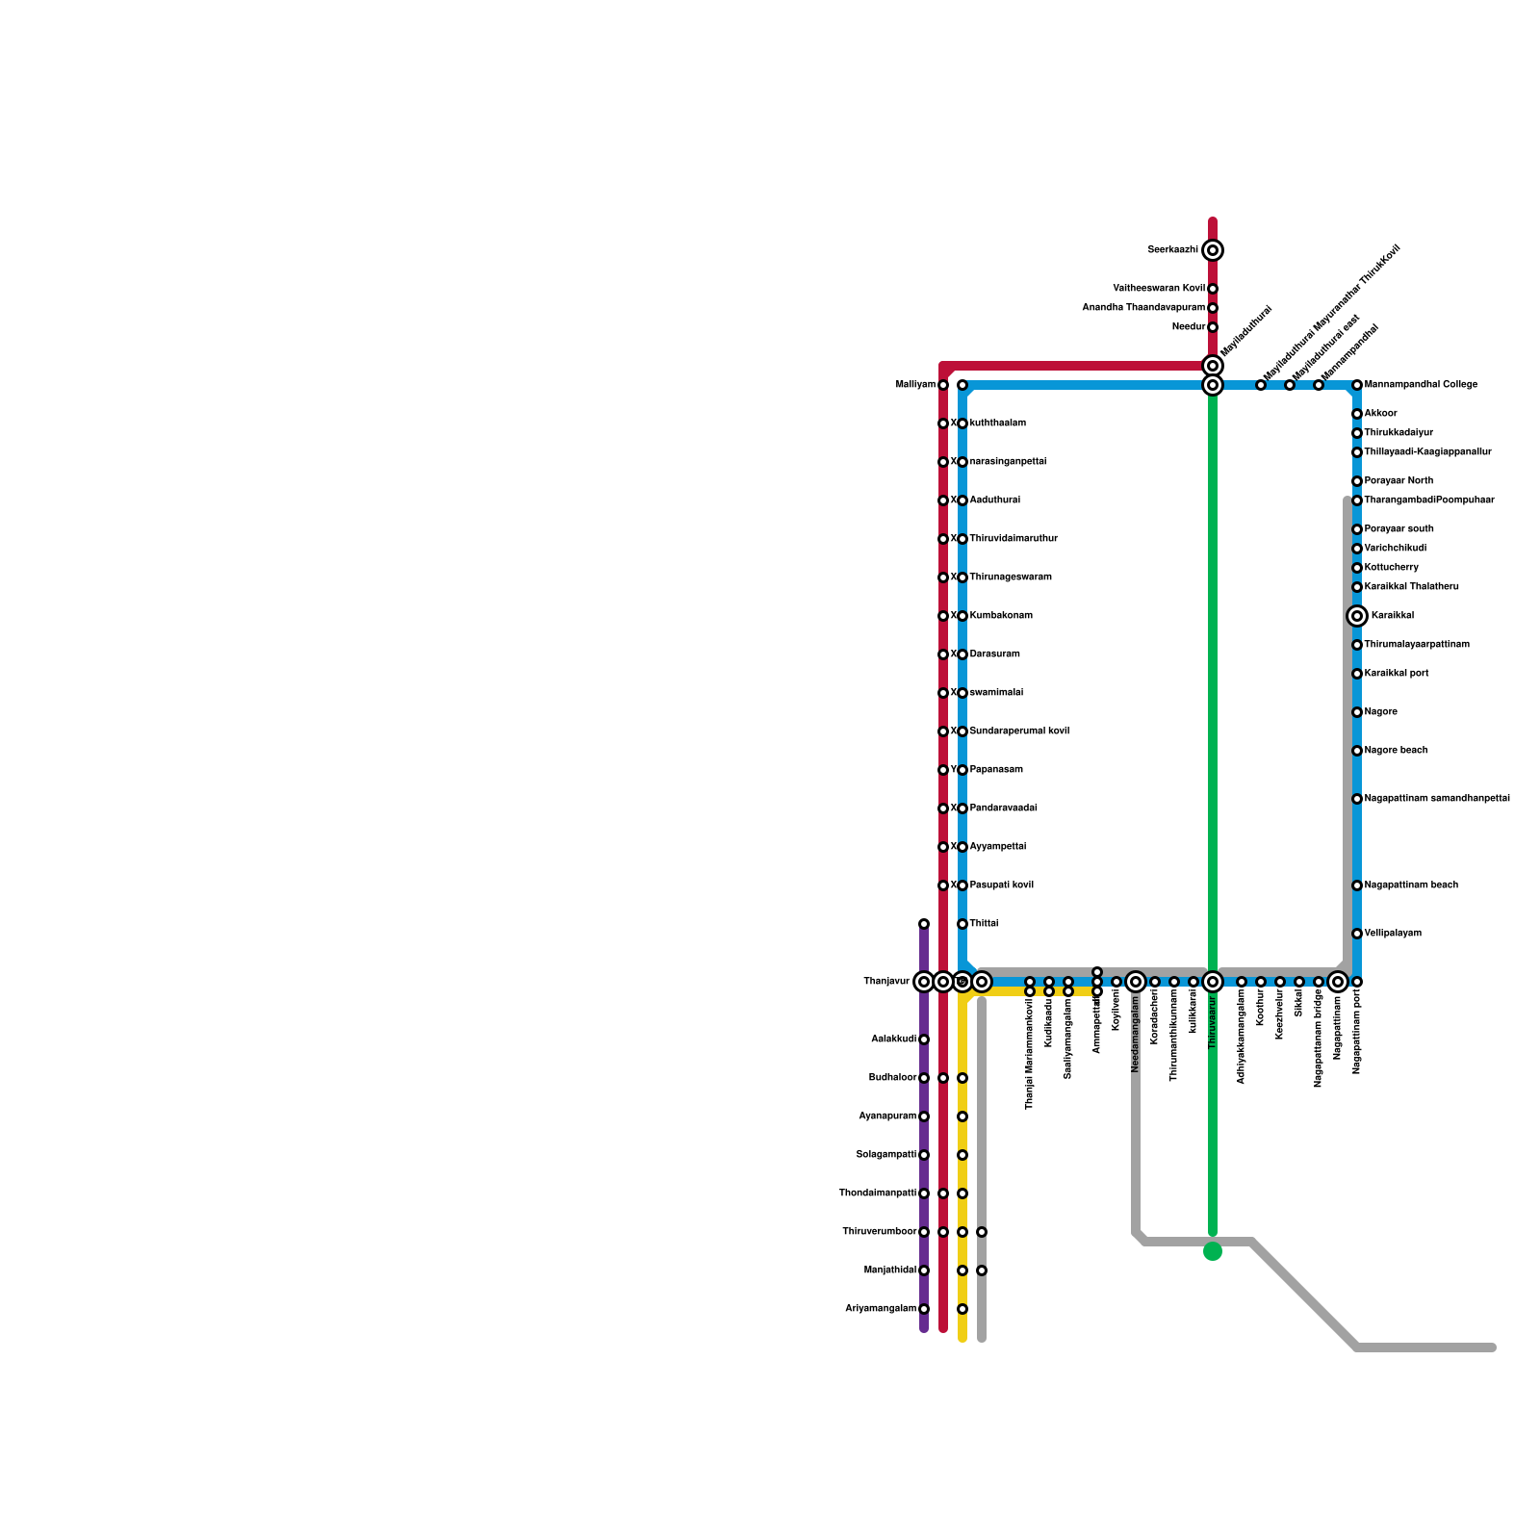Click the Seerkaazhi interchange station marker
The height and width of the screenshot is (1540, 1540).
1213,250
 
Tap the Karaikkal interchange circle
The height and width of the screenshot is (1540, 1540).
1357,616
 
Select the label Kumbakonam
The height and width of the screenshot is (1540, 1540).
1001,616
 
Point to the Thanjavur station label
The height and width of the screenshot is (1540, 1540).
886,982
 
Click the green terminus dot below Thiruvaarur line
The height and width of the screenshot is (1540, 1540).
1213,1251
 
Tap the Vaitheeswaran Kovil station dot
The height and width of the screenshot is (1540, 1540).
1213,289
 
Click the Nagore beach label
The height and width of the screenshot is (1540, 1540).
1397,751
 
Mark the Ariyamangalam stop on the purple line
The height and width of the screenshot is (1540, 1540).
924,1309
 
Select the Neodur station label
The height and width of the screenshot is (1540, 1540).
1189,327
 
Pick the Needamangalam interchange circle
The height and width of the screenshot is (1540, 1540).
1136,982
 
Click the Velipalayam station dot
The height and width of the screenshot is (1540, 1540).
1357,934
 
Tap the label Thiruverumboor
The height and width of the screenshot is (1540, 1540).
879,1232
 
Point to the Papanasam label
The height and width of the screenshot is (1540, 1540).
996,770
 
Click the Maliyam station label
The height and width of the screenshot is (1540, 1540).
915,385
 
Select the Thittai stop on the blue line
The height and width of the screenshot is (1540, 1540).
962,924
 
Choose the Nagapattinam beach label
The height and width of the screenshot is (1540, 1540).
1411,885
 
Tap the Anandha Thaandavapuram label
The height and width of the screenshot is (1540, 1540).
1143,308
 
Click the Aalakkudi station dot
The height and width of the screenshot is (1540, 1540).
924,1039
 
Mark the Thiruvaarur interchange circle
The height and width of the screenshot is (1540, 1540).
1213,982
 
